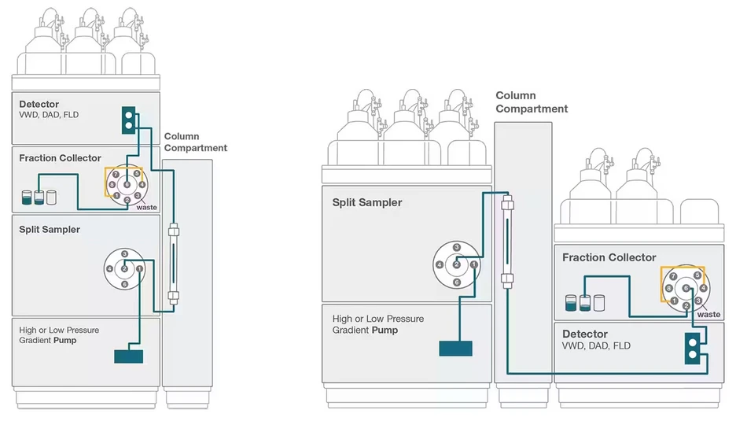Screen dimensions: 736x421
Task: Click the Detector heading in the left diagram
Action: (x=39, y=105)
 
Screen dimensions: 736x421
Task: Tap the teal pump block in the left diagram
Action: (x=129, y=356)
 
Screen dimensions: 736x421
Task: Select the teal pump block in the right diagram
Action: (x=455, y=348)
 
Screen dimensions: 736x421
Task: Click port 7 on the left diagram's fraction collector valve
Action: (x=116, y=175)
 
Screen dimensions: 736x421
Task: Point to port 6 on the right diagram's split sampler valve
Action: (x=457, y=283)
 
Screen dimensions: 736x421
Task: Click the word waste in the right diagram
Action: (x=708, y=314)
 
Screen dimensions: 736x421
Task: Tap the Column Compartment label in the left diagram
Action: (x=195, y=142)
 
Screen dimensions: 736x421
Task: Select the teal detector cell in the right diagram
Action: (x=692, y=348)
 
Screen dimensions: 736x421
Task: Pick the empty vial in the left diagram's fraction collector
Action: (x=52, y=198)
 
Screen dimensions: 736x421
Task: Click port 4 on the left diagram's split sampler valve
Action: (x=109, y=269)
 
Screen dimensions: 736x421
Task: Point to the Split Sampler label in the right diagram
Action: (x=367, y=202)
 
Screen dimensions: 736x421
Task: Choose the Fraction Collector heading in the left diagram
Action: (x=60, y=158)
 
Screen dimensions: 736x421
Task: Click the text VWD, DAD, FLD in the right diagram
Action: (x=596, y=345)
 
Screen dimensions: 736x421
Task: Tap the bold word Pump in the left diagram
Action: (x=64, y=340)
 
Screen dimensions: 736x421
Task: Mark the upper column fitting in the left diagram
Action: (x=174, y=231)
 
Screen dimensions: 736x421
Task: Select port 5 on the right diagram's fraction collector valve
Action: (x=697, y=275)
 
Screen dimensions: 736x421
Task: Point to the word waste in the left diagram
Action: (x=146, y=207)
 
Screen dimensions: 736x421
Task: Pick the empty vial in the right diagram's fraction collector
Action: (x=599, y=303)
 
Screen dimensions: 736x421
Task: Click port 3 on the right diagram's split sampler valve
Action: (x=457, y=248)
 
